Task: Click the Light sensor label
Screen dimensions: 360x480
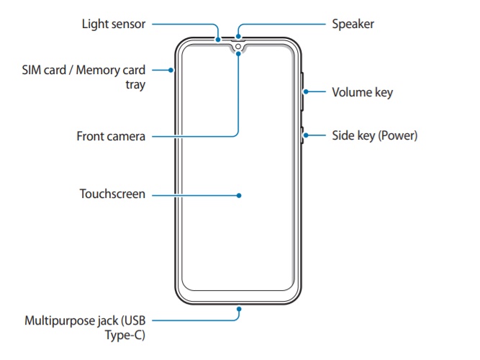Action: (x=114, y=24)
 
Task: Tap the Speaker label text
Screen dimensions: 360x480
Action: (x=353, y=24)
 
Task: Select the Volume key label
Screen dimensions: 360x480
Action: (x=362, y=92)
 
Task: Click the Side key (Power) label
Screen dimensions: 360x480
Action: (x=374, y=135)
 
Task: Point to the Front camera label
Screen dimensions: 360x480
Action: (x=112, y=135)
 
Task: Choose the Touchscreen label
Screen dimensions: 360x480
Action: (x=113, y=194)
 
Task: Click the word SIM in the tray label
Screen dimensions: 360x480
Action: (x=32, y=70)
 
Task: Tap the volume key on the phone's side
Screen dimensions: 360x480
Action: (x=302, y=91)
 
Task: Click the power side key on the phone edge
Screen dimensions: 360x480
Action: (x=302, y=135)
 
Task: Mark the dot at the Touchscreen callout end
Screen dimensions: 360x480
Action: (x=239, y=194)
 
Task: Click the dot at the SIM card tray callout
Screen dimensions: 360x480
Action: (x=171, y=70)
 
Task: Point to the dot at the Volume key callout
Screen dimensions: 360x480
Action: (x=306, y=91)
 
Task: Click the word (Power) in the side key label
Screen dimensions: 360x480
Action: (x=399, y=135)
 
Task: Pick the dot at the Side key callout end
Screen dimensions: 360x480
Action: (x=304, y=135)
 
